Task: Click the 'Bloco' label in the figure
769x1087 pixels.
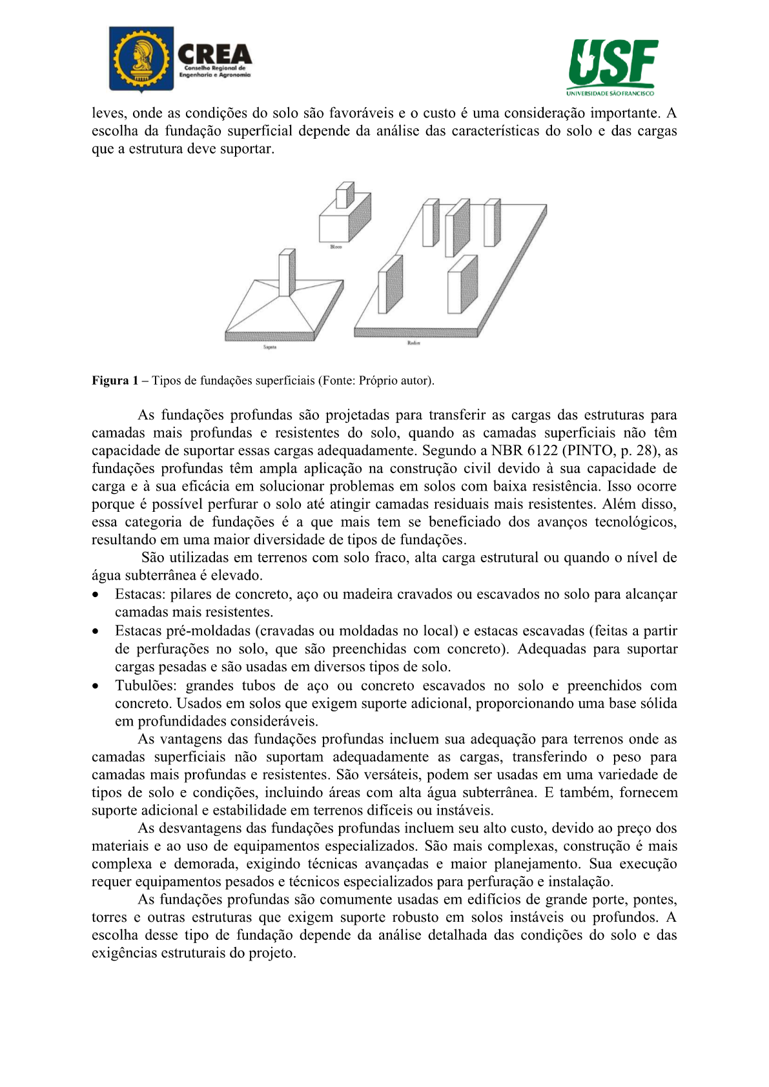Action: [x=336, y=247]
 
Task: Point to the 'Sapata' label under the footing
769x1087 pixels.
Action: [x=270, y=347]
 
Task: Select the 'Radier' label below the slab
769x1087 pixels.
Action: [x=414, y=343]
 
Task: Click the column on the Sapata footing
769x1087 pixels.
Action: [x=287, y=272]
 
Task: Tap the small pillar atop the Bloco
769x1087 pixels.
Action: [x=345, y=194]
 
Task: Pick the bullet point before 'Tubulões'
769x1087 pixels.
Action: [x=96, y=686]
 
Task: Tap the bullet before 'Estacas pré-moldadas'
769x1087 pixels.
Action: [x=96, y=631]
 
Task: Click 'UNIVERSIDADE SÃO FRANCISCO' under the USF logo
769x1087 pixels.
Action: [x=611, y=93]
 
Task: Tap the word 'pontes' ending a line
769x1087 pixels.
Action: [x=655, y=900]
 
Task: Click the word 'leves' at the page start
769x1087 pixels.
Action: [x=108, y=114]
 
